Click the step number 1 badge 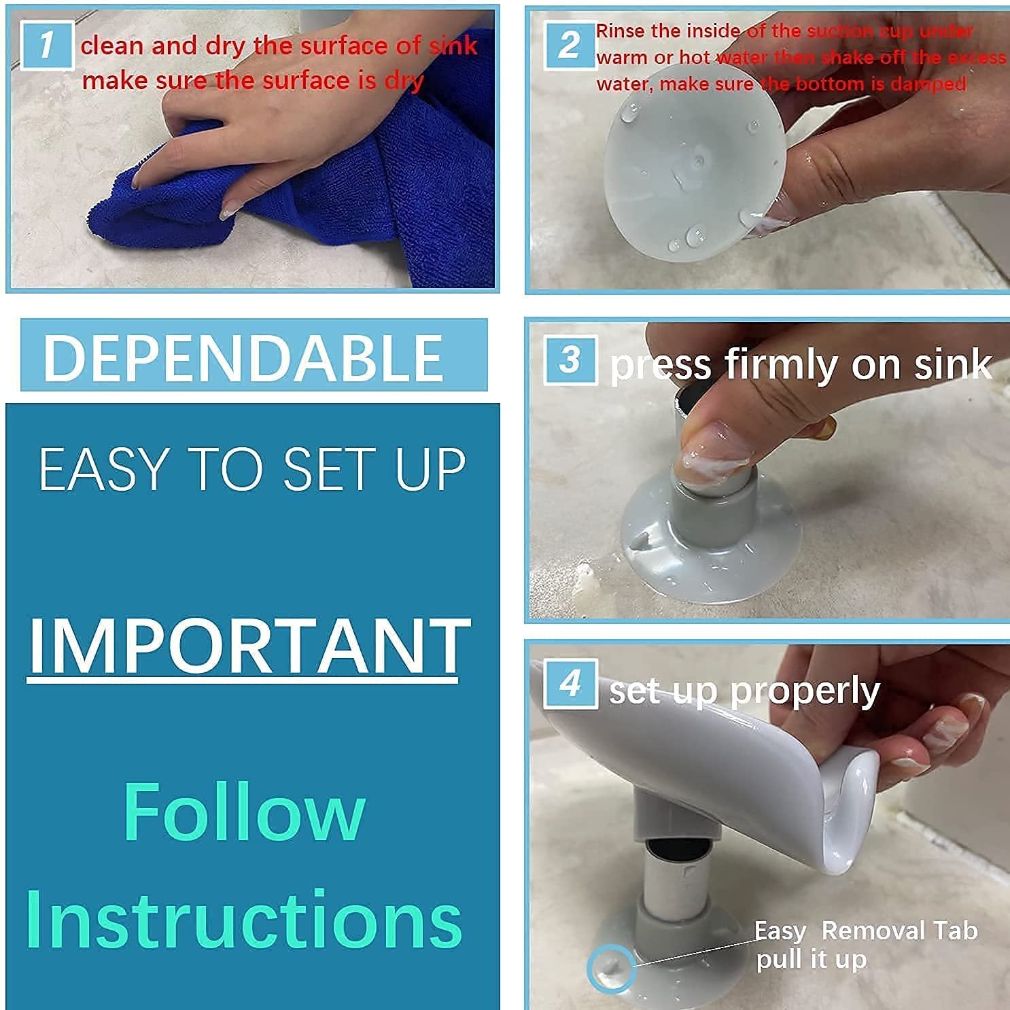click(x=47, y=46)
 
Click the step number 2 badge click(x=570, y=45)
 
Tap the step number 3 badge click(x=570, y=360)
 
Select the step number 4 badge click(x=570, y=684)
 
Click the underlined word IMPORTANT click(x=248, y=646)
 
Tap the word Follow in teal click(x=244, y=813)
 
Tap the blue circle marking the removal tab click(x=611, y=967)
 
